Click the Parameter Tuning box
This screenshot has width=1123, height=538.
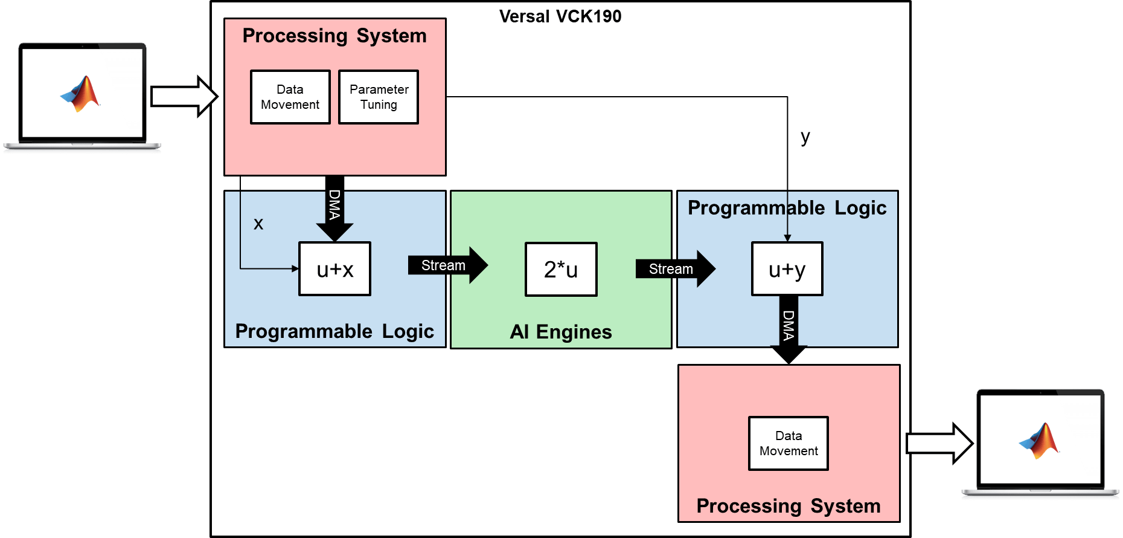point(379,97)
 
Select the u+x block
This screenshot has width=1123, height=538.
point(335,269)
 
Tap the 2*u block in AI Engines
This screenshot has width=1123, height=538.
point(561,270)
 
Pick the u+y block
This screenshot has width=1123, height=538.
point(787,269)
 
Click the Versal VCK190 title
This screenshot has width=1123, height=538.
point(560,16)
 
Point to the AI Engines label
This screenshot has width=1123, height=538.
point(561,332)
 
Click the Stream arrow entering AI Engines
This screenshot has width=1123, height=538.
point(447,265)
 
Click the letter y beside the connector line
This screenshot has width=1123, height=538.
point(805,137)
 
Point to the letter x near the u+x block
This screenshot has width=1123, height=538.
point(258,224)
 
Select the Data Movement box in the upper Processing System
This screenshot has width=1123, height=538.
point(290,97)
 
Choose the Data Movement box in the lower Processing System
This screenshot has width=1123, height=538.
point(789,444)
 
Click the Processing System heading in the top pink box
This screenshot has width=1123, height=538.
point(334,36)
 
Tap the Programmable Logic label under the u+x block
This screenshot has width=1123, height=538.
point(334,331)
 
